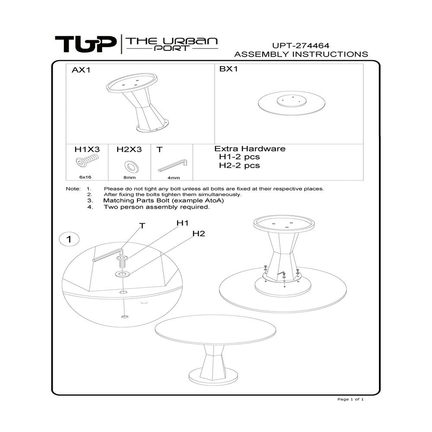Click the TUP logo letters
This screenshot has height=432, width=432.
[x=86, y=44]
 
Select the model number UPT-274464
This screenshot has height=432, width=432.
[x=301, y=45]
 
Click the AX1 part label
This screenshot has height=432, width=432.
[x=81, y=70]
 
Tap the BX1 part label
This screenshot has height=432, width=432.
[x=229, y=70]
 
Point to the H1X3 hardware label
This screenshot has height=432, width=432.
[x=87, y=149]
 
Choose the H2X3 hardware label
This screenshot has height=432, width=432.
[x=129, y=149]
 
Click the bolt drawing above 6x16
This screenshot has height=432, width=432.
[x=86, y=161]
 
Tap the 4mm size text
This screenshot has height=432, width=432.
[x=174, y=177]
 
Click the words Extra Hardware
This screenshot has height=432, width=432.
[x=250, y=149]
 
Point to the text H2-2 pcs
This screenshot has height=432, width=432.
[x=239, y=165]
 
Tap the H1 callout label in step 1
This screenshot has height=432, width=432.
[x=182, y=223]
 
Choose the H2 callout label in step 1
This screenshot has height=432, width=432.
[x=198, y=234]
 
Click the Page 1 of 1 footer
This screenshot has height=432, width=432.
[x=350, y=399]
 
